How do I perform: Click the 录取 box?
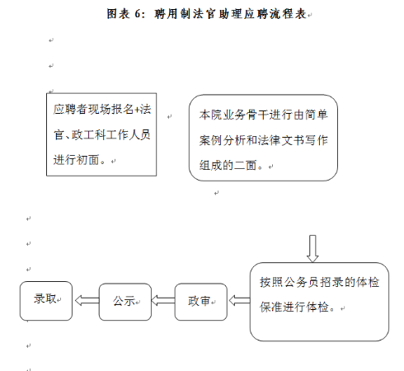(x=46, y=301)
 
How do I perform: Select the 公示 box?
(x=125, y=302)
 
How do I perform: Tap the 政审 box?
(x=201, y=302)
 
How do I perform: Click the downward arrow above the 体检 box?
(x=312, y=248)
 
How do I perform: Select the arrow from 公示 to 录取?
(x=87, y=300)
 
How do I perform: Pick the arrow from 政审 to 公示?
(x=163, y=300)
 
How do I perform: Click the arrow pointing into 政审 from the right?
(x=239, y=300)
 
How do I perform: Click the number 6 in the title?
(x=138, y=14)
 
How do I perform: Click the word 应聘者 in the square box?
(x=71, y=110)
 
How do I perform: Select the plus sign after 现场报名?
(x=137, y=110)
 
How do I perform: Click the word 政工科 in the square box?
(x=89, y=134)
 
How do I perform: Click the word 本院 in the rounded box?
(x=211, y=115)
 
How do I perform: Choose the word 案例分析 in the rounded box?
(x=223, y=140)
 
